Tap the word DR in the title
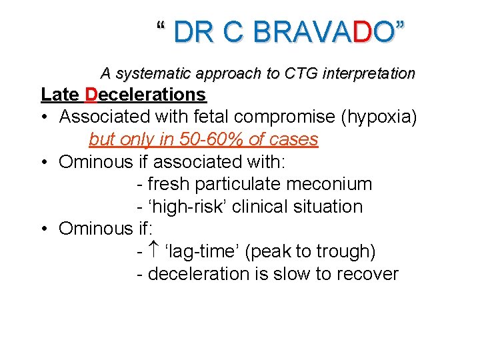[x=194, y=32]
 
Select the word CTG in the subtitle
[x=303, y=73]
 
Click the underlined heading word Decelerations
[x=145, y=95]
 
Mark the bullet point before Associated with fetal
[x=44, y=117]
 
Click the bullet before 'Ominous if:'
[x=44, y=229]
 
